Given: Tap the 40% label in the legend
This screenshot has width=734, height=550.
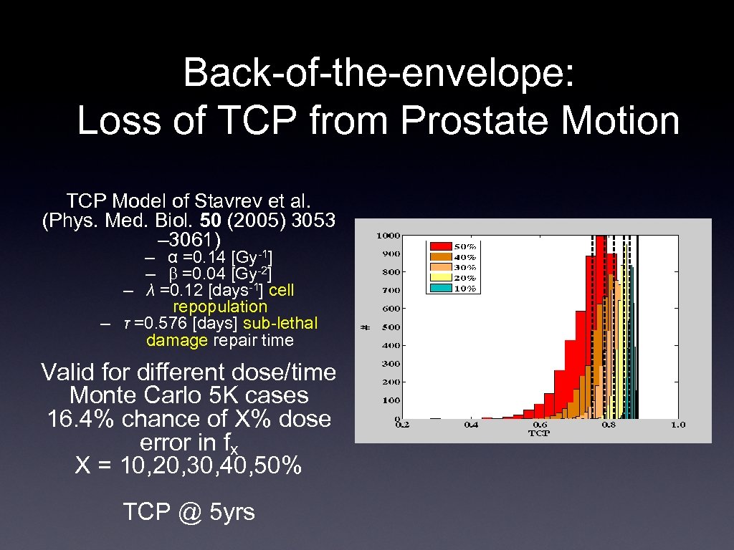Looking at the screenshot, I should coord(467,256).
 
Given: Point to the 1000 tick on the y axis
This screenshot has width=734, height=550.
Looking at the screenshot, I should coord(389,236).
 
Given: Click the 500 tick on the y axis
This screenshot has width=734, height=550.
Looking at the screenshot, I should coord(391,327).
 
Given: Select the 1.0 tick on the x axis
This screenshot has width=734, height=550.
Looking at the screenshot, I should coord(677,425).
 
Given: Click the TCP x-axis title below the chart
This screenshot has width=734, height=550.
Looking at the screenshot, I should coord(538,433).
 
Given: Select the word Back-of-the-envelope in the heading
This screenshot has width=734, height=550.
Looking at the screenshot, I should coord(378,73).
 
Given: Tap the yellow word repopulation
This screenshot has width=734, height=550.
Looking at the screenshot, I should coord(220,307).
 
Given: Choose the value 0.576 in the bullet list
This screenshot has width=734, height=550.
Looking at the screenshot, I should coord(155,323).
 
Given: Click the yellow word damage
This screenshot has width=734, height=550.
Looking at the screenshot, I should coord(176,340).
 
